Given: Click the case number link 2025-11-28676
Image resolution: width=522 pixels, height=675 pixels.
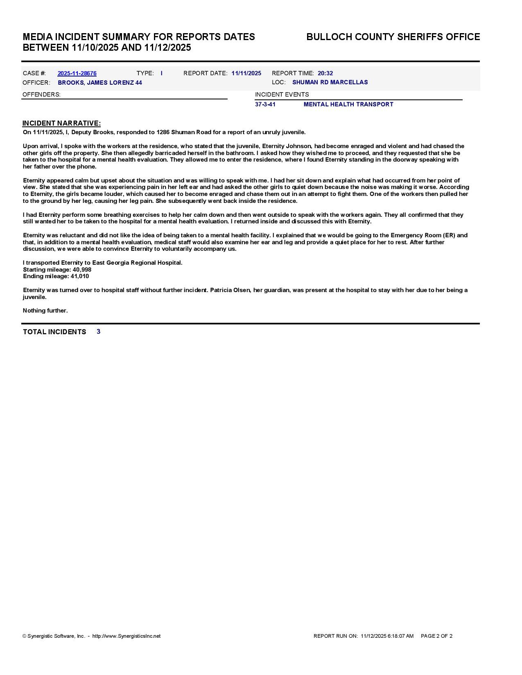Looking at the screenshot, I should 77,74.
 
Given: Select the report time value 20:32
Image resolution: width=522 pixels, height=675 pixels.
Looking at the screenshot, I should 325,74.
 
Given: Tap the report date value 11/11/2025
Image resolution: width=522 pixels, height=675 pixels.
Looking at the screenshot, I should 246,74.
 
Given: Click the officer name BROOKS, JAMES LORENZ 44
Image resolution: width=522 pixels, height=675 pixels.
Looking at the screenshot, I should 100,83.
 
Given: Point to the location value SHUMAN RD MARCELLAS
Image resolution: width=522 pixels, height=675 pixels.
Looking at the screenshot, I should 330,82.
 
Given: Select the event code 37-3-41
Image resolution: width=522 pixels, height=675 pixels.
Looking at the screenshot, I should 265,104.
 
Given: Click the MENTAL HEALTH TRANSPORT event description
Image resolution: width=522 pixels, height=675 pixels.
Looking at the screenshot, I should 348,104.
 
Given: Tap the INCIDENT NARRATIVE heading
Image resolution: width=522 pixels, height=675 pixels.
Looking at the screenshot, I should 61,123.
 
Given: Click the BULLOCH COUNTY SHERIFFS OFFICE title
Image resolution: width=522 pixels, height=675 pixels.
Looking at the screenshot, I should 393,37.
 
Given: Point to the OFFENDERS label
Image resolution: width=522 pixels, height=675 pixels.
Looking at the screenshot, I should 41,94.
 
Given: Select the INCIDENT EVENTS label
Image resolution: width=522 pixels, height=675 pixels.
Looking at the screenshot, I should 282,94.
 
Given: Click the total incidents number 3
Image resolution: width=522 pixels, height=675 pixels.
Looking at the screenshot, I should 99,331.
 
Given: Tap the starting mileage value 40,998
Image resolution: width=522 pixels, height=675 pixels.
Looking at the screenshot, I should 82,270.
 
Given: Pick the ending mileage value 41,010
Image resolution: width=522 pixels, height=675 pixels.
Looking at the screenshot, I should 80,276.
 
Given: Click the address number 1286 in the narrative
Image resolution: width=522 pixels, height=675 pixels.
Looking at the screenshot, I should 163,132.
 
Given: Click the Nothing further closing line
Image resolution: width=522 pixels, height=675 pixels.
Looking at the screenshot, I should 45,310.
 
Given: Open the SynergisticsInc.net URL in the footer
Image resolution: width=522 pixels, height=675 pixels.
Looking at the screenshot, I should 126,636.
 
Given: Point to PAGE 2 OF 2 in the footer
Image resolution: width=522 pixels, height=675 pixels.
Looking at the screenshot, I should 436,636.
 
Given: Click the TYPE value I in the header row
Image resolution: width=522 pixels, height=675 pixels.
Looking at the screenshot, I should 162,74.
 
